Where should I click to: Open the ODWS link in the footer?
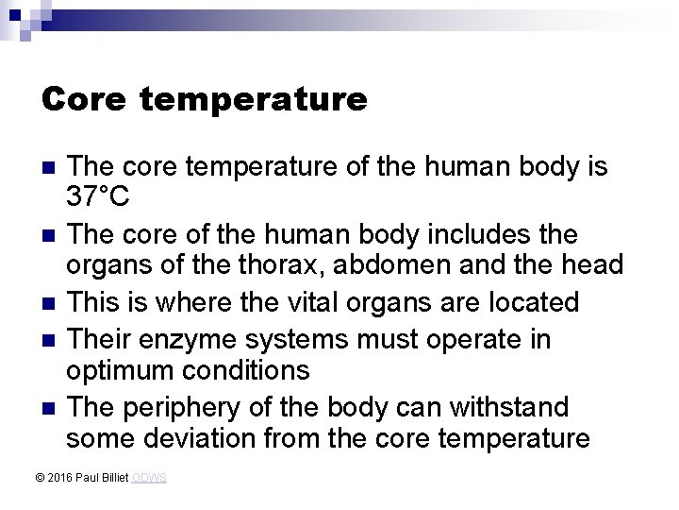point(149,479)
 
